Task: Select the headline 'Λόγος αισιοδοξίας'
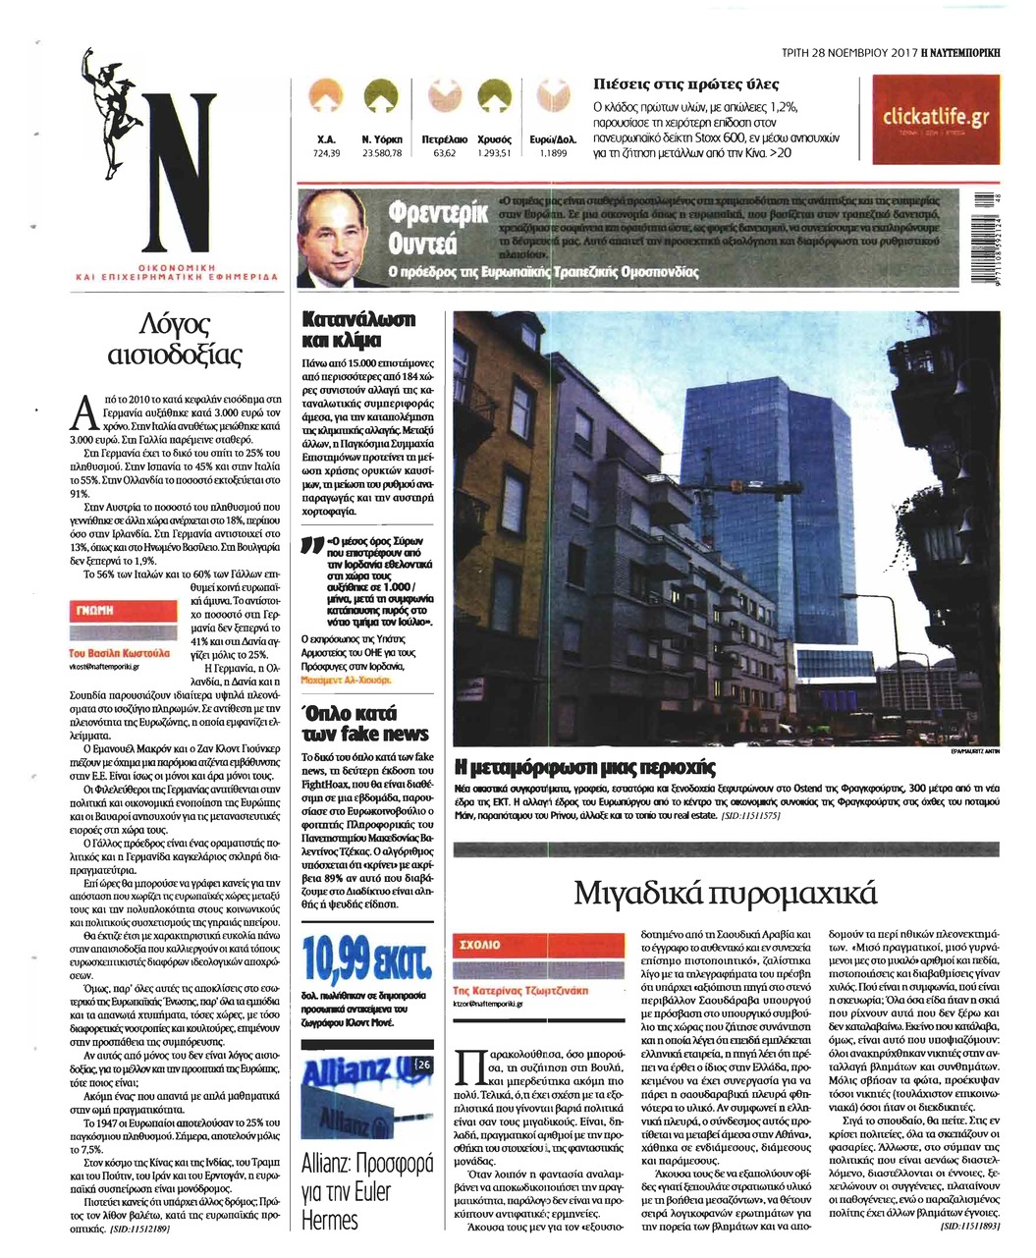click(x=178, y=339)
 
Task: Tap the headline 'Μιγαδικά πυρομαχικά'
click(x=724, y=894)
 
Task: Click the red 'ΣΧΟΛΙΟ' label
click(x=480, y=944)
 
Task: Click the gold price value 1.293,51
click(x=494, y=153)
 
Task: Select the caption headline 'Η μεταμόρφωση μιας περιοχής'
click(x=585, y=767)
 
